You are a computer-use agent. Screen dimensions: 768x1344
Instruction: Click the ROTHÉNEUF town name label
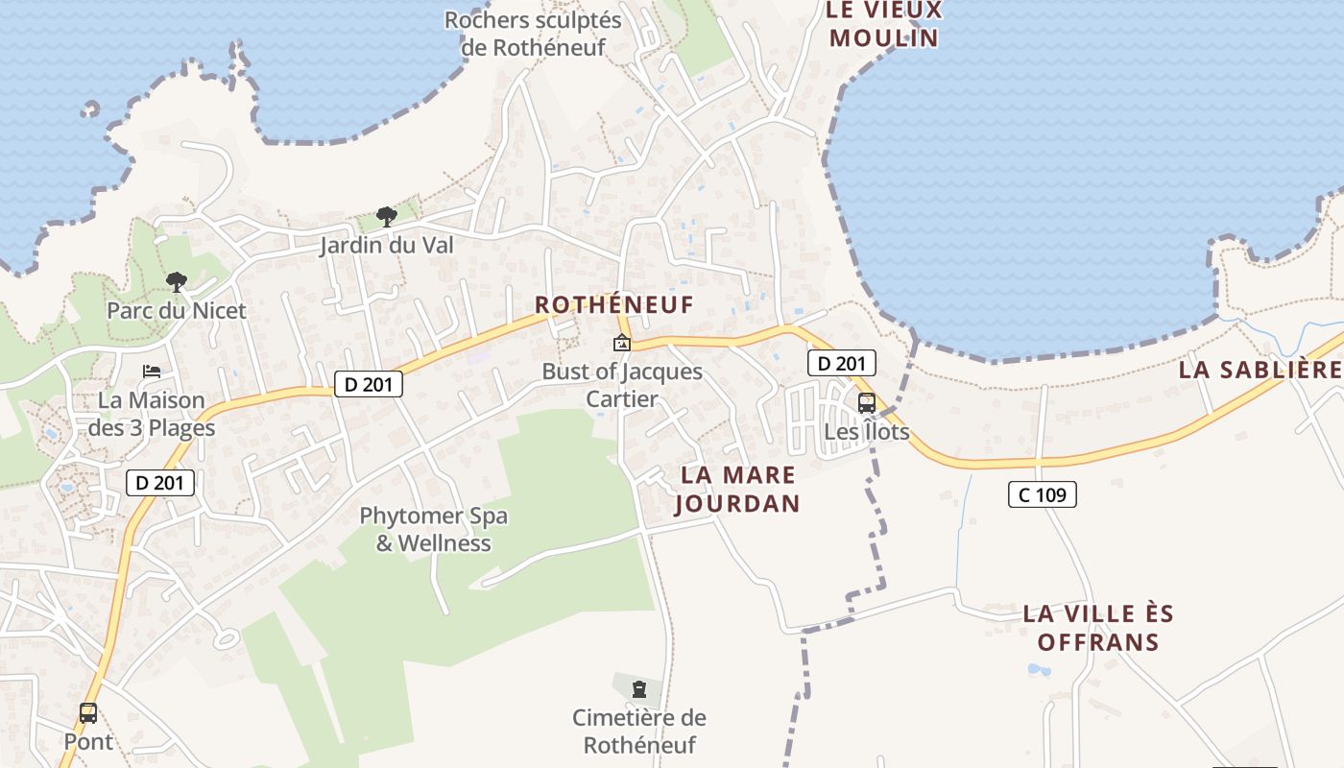(613, 304)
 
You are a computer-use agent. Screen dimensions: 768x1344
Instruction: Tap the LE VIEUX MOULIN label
(883, 25)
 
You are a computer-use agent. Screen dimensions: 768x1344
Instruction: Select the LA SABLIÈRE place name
(1260, 370)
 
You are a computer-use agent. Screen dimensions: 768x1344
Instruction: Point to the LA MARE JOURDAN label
(737, 489)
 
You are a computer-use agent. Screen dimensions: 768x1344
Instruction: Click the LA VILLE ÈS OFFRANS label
(1098, 628)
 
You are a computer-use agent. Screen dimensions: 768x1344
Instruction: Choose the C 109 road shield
(1042, 495)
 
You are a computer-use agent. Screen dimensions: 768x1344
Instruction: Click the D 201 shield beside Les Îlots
(841, 364)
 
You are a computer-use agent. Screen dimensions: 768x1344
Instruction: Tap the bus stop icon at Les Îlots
(866, 403)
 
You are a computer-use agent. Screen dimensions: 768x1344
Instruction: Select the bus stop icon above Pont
(88, 713)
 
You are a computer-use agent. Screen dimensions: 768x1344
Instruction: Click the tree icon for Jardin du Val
(387, 217)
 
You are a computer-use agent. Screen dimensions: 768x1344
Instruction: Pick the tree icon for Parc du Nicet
(176, 282)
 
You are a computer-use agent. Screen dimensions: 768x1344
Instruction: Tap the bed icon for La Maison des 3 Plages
(152, 372)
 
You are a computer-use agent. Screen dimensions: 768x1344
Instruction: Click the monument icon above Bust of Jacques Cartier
(622, 343)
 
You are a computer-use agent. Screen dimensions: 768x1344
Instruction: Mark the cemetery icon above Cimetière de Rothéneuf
(638, 688)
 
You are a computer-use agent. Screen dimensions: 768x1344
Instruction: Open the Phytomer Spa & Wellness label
(434, 529)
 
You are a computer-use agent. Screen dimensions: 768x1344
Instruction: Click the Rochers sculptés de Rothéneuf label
(533, 33)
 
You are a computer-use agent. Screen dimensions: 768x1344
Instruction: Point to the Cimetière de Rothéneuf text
(639, 731)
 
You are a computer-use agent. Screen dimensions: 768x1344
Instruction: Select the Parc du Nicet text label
(177, 310)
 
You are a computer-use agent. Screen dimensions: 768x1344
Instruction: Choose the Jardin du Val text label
(387, 245)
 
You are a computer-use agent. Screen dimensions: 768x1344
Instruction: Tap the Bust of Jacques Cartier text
(622, 385)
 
